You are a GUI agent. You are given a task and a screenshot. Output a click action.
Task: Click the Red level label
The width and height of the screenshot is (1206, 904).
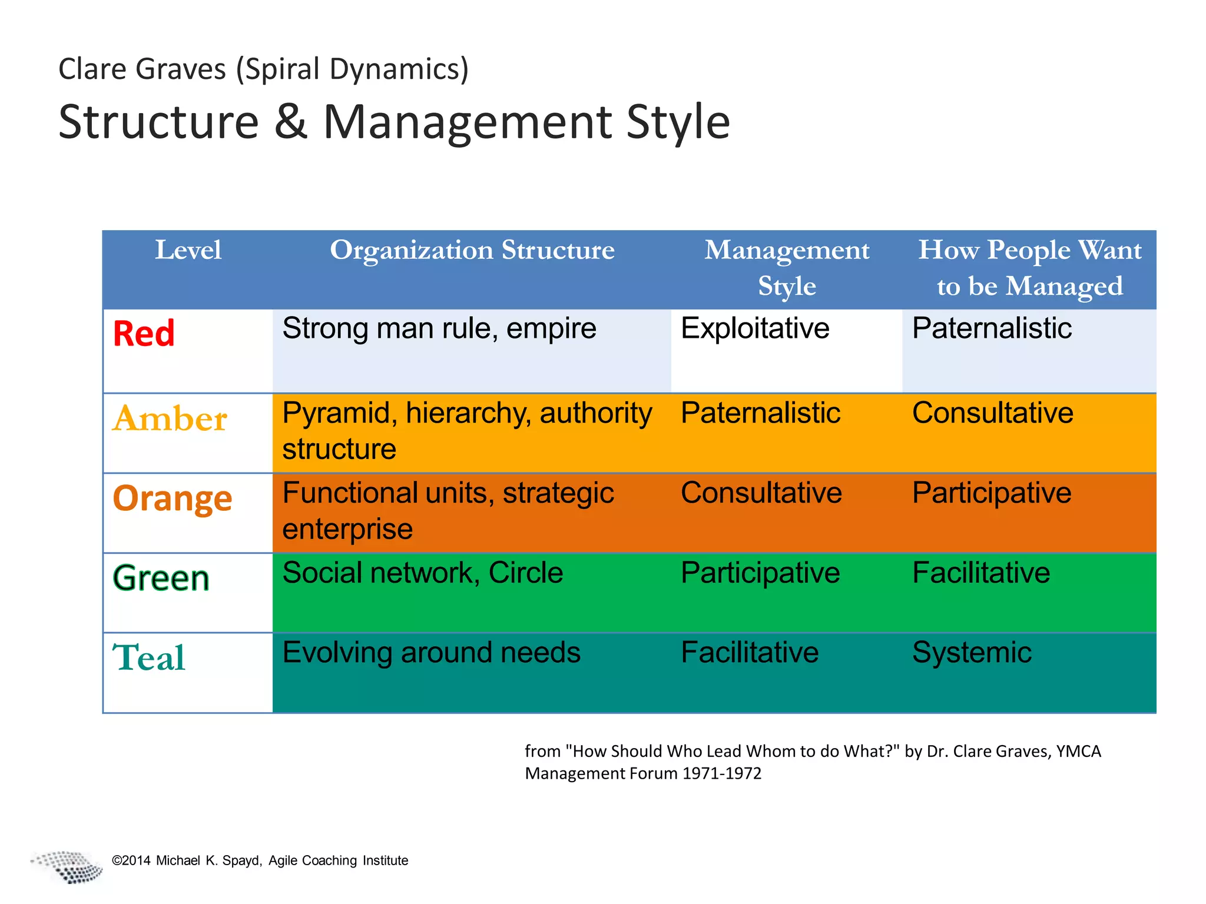tap(144, 333)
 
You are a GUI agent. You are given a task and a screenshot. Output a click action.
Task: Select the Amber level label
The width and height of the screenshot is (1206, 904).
tap(170, 419)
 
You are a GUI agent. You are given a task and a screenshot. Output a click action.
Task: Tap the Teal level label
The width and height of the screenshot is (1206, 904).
tap(149, 657)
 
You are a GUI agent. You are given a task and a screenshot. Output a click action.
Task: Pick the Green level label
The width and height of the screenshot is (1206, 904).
tap(161, 578)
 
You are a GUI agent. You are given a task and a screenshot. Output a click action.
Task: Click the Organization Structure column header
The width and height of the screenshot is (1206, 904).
tap(472, 250)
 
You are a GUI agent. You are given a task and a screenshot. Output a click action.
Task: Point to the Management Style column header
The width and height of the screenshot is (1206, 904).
tap(786, 268)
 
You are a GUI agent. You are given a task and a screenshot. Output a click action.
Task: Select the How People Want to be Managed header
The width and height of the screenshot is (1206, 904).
tap(1029, 268)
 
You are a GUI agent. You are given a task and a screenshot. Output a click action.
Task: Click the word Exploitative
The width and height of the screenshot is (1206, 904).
tap(755, 328)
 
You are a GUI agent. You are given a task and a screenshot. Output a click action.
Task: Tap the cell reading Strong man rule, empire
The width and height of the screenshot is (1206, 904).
tap(439, 328)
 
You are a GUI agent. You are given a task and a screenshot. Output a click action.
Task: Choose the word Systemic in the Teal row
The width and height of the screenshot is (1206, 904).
tap(972, 653)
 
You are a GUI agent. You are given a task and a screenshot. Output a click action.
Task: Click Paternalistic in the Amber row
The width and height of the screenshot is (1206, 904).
tap(760, 413)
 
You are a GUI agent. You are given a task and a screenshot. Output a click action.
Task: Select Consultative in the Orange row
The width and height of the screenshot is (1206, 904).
tap(761, 493)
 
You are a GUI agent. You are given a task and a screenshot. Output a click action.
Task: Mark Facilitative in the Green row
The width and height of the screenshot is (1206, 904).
tap(981, 573)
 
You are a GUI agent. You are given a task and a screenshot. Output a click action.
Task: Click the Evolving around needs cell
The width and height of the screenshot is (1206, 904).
tap(431, 653)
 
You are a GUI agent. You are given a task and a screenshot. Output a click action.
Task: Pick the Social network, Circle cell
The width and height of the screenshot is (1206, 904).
tap(422, 573)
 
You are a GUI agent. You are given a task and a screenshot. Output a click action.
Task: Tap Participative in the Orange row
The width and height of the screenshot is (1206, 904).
tap(992, 493)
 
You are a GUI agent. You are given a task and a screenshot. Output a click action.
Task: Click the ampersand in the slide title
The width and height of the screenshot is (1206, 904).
tap(291, 122)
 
